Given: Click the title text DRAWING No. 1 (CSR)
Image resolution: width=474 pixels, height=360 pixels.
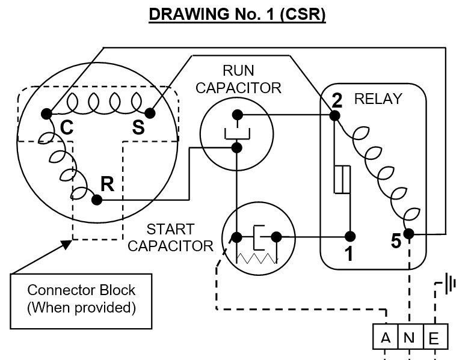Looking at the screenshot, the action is click(x=238, y=14).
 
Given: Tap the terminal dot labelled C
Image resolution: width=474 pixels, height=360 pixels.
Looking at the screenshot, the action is click(x=46, y=114).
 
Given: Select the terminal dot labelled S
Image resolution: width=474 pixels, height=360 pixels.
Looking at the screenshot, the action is click(x=150, y=113).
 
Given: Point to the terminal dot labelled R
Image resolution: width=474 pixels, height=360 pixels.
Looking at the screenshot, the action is click(x=97, y=200).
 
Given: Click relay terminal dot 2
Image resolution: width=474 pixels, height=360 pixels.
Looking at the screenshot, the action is click(x=334, y=115).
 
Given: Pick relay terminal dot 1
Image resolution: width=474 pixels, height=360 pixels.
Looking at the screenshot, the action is click(x=350, y=236).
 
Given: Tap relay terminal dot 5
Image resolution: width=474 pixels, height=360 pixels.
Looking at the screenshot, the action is click(x=408, y=233).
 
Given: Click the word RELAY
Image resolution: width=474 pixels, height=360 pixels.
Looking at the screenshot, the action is click(x=378, y=99).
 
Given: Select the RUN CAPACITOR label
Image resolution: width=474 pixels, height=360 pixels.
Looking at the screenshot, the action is click(x=239, y=79).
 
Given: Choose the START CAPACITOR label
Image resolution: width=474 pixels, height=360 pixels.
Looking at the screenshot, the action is click(x=170, y=237).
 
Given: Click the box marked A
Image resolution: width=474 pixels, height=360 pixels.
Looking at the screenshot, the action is click(x=386, y=337).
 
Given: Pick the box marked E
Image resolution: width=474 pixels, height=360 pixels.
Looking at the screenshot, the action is click(x=436, y=337).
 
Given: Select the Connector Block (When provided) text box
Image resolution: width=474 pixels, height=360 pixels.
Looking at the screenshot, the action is click(x=81, y=301).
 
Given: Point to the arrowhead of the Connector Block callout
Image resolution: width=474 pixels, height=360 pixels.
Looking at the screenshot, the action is click(x=67, y=244).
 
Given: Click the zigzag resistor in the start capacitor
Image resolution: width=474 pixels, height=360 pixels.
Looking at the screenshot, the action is click(x=257, y=258).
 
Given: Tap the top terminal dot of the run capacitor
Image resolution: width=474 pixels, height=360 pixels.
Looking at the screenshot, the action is click(x=238, y=115).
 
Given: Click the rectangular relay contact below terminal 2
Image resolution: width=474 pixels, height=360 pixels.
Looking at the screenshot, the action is click(x=342, y=179).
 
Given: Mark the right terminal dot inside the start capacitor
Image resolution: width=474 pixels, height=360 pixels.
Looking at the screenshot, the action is click(x=276, y=237).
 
